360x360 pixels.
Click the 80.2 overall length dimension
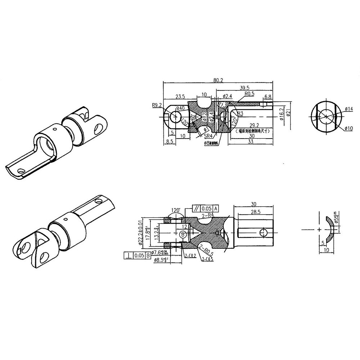coord(218,80)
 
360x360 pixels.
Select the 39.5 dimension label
coord(245,87)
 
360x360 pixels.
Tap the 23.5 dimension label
coord(180,96)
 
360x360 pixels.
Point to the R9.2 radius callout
coord(157,105)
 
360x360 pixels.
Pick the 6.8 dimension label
coord(268,97)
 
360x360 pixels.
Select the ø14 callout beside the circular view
coord(348,108)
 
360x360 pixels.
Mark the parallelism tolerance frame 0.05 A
coord(205,208)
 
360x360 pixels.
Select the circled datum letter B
coord(183,235)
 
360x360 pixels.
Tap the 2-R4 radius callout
coord(208,215)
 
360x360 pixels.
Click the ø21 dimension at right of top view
coord(289,115)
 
